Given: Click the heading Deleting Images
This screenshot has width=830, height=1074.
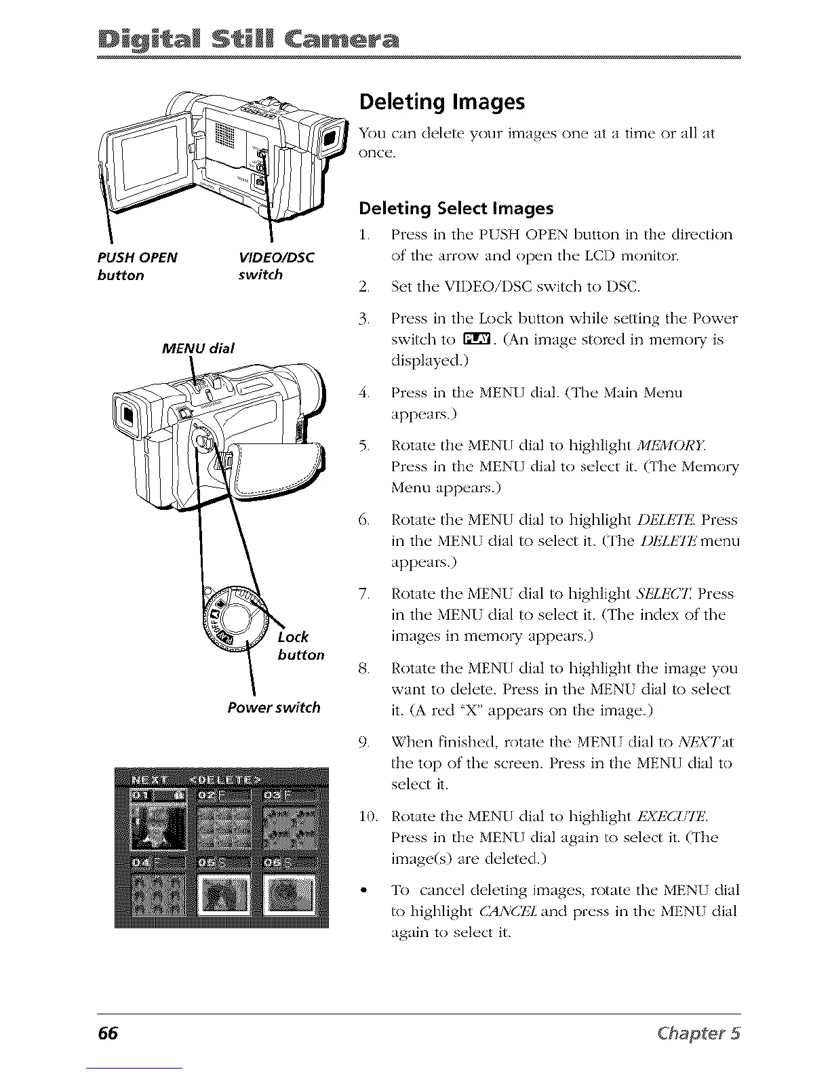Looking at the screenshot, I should tap(441, 102).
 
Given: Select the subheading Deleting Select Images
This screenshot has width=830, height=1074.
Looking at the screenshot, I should tap(456, 208).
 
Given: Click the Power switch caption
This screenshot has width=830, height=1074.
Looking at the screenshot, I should tap(274, 708).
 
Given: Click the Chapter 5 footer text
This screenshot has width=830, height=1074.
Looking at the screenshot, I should tap(701, 1033).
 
